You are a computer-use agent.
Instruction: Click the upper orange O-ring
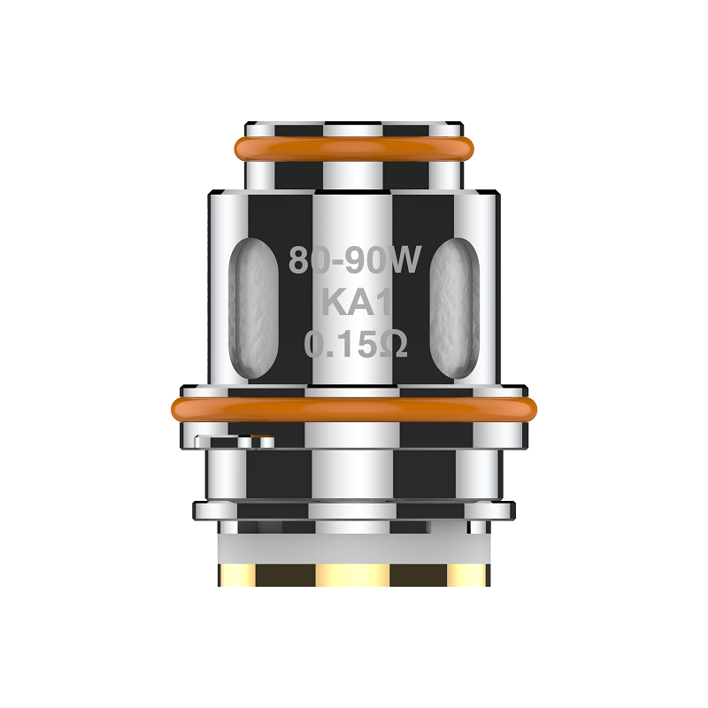point(354,147)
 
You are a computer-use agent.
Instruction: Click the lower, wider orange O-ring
point(354,409)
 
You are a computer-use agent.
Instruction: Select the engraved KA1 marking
point(354,302)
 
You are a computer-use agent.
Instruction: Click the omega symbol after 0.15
point(394,343)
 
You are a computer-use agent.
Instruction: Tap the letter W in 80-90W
point(411,260)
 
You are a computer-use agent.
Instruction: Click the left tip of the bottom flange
point(196,511)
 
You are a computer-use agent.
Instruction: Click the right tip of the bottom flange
point(512,511)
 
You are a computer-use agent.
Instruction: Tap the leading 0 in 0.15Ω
point(316,343)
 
